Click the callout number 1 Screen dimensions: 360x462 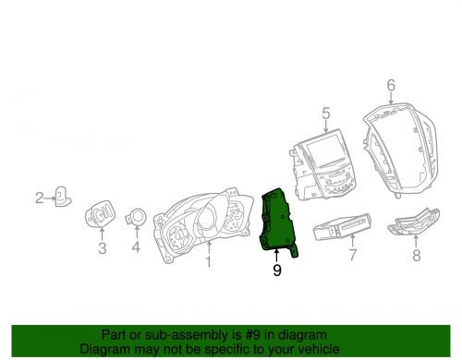pyautogui.click(x=208, y=262)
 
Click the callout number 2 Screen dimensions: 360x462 pyautogui.click(x=40, y=197)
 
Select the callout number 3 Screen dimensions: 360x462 pyautogui.click(x=102, y=249)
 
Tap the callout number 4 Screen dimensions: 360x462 pyautogui.click(x=136, y=247)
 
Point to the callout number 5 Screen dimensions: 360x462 pyautogui.click(x=325, y=114)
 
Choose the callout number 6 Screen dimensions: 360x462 pyautogui.click(x=390, y=86)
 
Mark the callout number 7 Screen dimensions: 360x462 pyautogui.click(x=350, y=253)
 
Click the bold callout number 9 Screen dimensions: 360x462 pyautogui.click(x=276, y=270)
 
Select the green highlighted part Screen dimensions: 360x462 pyautogui.click(x=277, y=222)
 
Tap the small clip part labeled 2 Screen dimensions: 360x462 pyautogui.click(x=63, y=196)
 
